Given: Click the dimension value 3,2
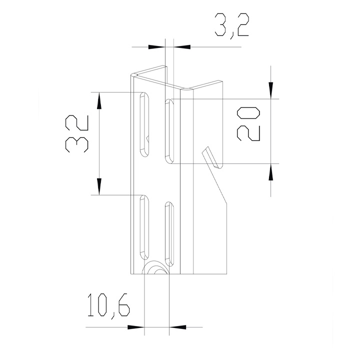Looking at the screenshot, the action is (x=231, y=26).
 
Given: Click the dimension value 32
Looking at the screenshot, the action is (x=76, y=133).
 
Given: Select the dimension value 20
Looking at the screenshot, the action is (x=248, y=124).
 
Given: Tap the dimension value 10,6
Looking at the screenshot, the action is (x=109, y=306).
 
